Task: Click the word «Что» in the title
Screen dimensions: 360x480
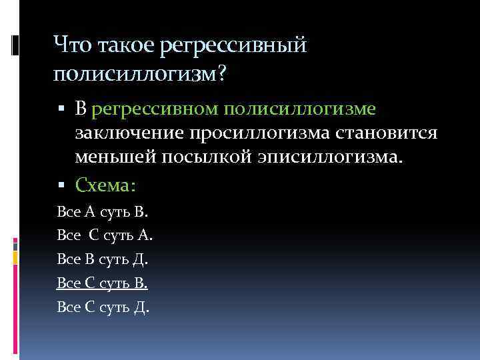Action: coord(74,46)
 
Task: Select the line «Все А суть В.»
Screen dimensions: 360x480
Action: coord(103,212)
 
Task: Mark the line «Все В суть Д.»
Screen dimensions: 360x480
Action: coord(103,259)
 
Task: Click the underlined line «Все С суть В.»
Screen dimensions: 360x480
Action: coord(103,283)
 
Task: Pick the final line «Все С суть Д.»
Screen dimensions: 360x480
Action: coord(103,307)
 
